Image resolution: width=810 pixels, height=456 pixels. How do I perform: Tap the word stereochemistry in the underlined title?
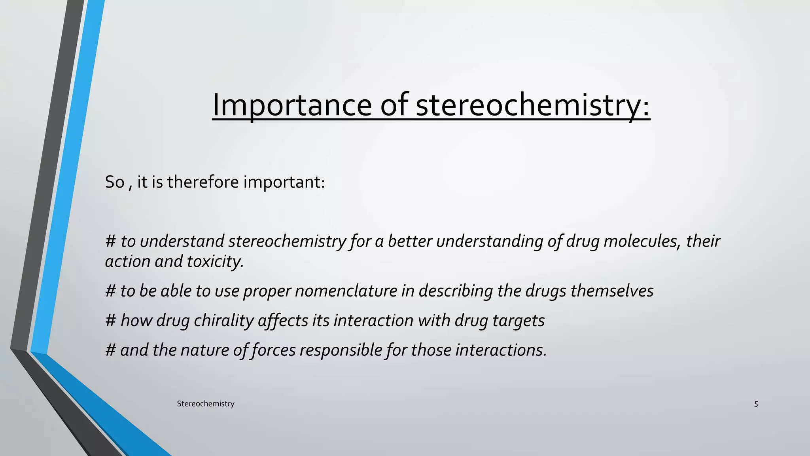click(533, 105)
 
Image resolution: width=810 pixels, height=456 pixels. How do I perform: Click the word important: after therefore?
click(284, 182)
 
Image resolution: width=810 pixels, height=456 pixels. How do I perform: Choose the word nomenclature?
click(346, 291)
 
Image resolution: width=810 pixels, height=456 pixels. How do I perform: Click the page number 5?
click(756, 404)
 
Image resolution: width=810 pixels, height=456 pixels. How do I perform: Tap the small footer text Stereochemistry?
click(205, 404)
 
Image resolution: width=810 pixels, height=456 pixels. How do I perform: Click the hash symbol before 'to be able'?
click(110, 291)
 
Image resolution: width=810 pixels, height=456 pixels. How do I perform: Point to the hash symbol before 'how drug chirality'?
click(110, 321)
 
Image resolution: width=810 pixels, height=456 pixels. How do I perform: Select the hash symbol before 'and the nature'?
click(110, 350)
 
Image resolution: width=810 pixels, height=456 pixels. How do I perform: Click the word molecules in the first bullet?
click(643, 241)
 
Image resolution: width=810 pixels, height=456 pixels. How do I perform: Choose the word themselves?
click(612, 291)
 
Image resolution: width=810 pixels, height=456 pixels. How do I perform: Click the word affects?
click(283, 321)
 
